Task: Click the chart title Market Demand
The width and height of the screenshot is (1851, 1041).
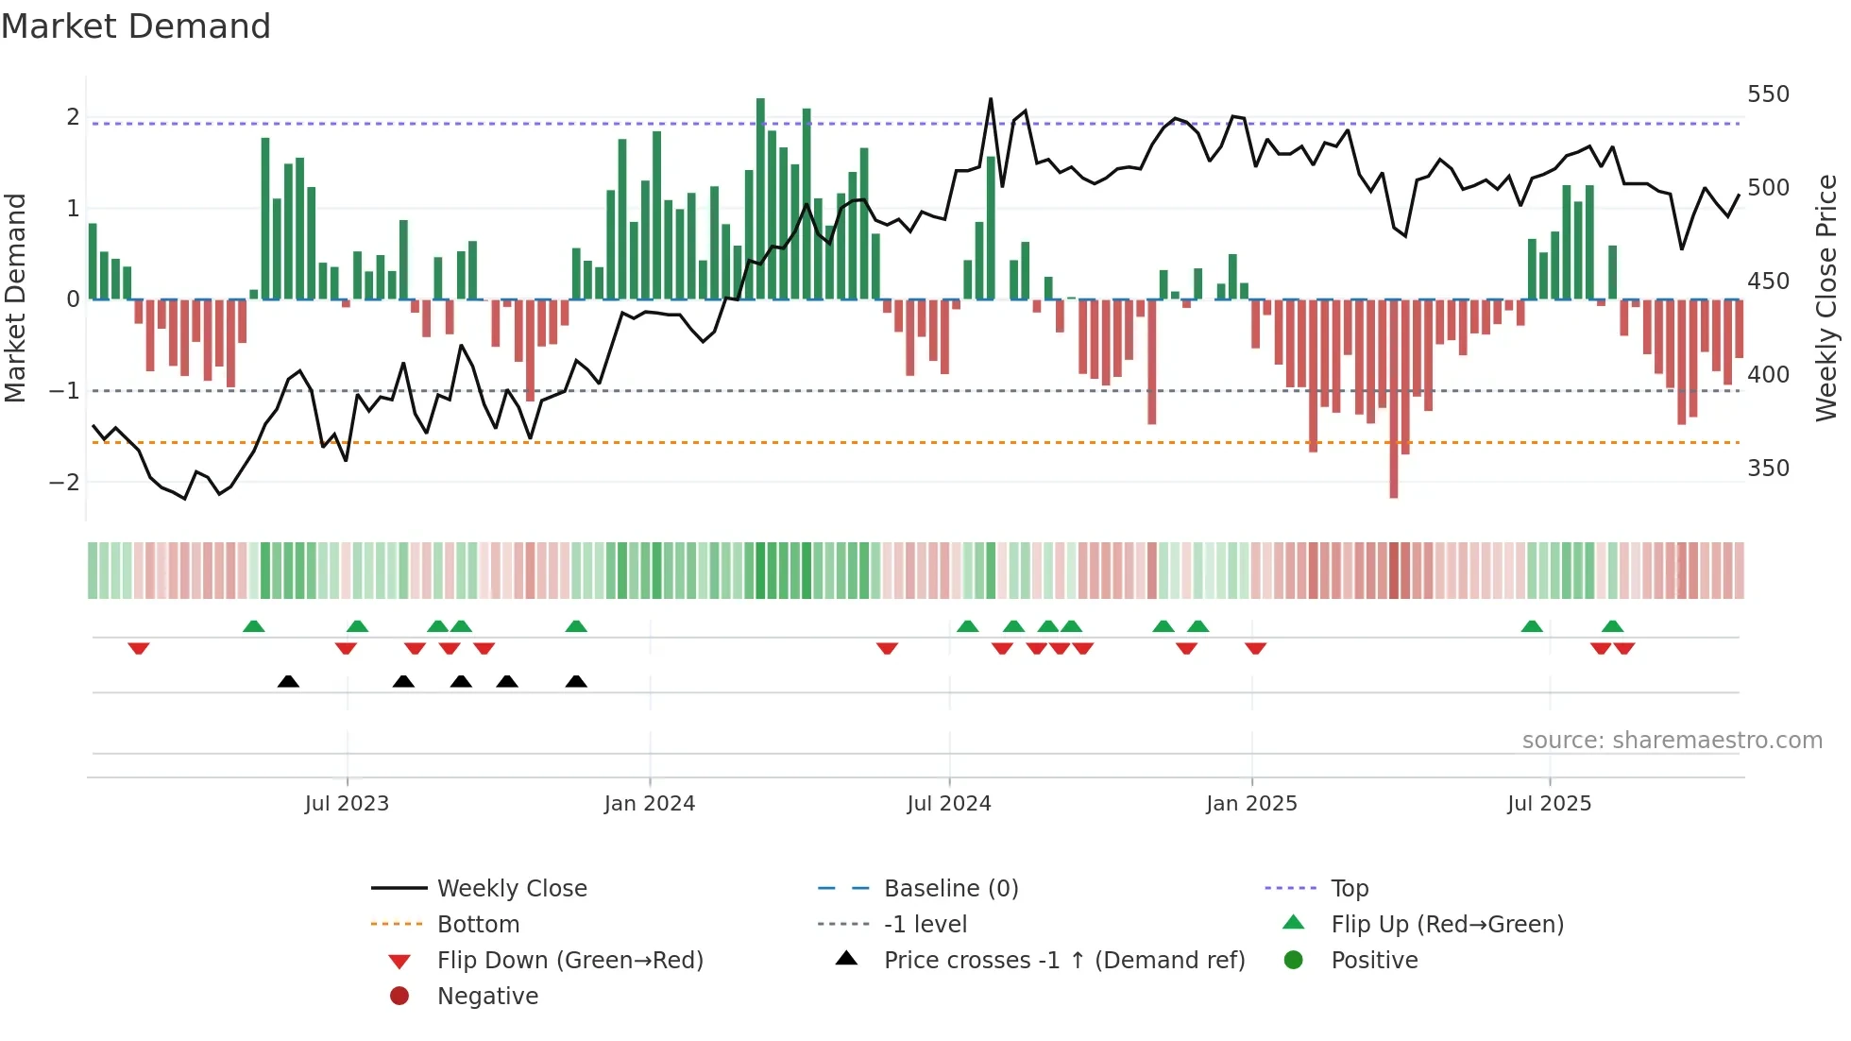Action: click(x=136, y=26)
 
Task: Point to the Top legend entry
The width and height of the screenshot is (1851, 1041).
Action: click(x=1349, y=888)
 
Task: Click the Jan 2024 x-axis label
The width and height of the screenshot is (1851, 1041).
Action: click(x=650, y=804)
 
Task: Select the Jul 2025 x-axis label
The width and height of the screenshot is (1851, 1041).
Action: click(x=1549, y=804)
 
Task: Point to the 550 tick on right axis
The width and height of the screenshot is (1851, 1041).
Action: click(x=1768, y=94)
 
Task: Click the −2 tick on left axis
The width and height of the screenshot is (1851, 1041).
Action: click(x=64, y=482)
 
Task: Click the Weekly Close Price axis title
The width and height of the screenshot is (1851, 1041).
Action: click(x=1826, y=298)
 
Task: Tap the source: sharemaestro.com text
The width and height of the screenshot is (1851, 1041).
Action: click(x=1672, y=741)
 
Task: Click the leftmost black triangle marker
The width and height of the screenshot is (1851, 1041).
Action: click(x=288, y=681)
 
